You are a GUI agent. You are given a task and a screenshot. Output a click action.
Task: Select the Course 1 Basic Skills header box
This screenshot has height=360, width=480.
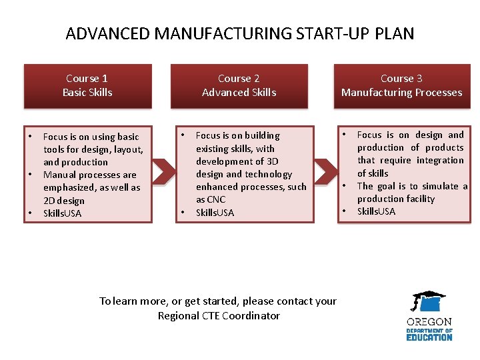[87, 85]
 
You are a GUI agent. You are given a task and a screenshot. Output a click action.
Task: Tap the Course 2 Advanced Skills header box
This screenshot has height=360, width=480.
[239, 85]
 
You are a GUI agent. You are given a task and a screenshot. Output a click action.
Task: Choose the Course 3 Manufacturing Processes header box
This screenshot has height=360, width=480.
[401, 85]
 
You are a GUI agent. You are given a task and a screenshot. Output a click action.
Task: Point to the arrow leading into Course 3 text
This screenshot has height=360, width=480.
[325, 171]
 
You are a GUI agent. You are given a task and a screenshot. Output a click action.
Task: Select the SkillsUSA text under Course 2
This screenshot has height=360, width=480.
[215, 213]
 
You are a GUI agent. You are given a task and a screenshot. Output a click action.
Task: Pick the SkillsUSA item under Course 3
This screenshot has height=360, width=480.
[376, 211]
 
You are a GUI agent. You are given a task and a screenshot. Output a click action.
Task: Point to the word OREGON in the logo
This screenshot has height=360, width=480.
[429, 322]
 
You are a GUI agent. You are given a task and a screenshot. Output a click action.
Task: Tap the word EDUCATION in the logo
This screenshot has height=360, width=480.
[429, 337]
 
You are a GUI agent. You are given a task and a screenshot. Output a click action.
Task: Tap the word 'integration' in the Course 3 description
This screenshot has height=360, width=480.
[440, 160]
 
